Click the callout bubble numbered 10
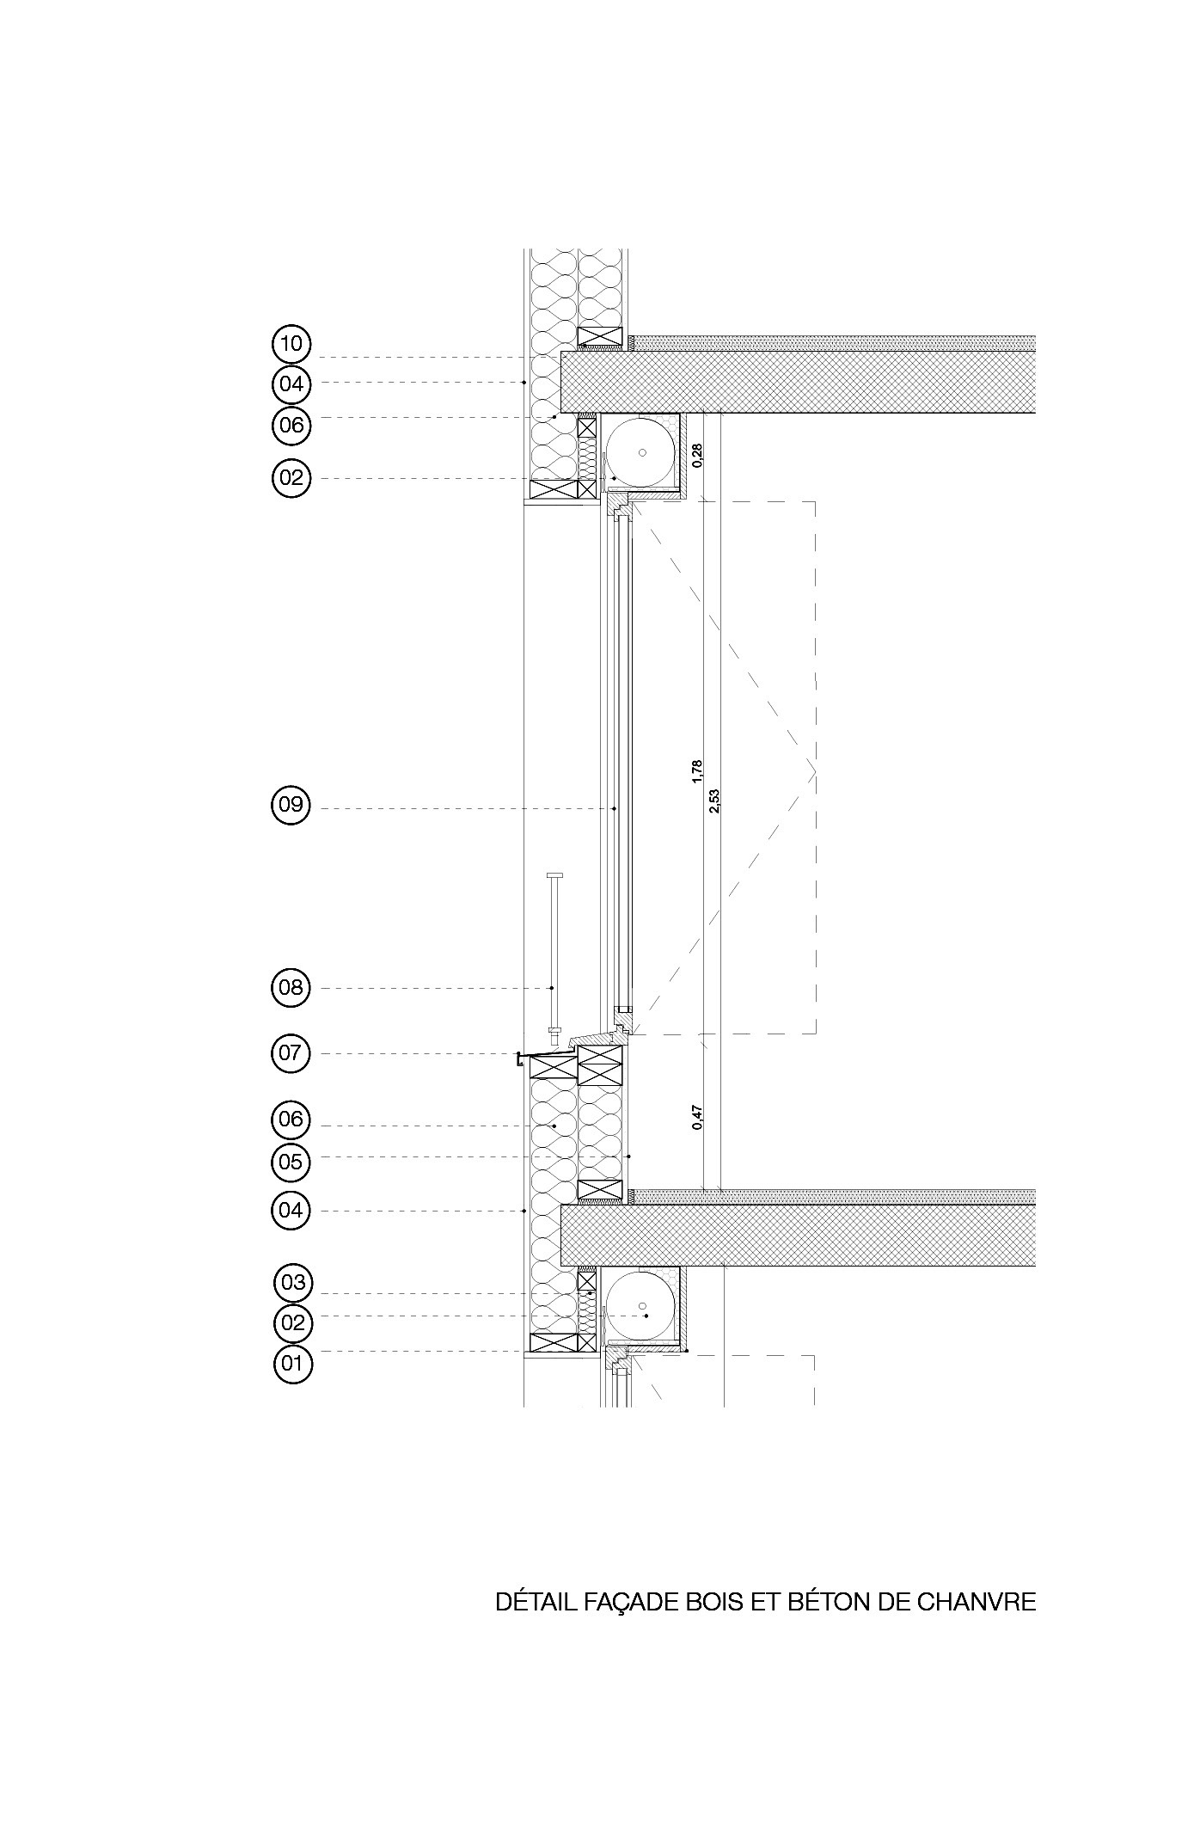click(x=291, y=345)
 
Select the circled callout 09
click(x=291, y=806)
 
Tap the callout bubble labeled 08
click(x=291, y=987)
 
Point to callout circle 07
click(x=291, y=1053)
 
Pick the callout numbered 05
click(x=291, y=1162)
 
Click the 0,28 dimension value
click(x=697, y=455)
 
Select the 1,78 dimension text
click(x=697, y=771)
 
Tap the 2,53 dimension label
click(x=713, y=801)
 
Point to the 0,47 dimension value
click(x=697, y=1116)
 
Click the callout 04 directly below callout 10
click(x=291, y=383)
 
